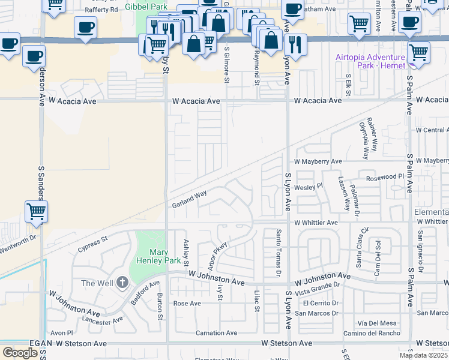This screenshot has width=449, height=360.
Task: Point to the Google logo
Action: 19,353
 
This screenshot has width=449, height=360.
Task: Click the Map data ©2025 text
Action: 423,355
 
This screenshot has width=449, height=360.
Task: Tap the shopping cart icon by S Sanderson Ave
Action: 36,211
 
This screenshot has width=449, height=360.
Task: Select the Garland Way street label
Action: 189,199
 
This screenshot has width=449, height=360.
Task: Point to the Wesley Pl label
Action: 308,186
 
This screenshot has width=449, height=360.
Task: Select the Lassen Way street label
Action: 343,193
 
